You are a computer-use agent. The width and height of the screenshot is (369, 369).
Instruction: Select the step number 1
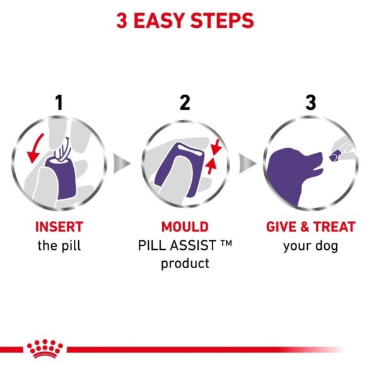pos(59,103)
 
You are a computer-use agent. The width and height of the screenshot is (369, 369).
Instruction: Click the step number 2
pos(184,103)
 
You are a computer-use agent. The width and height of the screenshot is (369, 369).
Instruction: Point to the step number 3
pos(310,103)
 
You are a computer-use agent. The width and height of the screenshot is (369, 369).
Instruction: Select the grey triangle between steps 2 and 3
pos(250,164)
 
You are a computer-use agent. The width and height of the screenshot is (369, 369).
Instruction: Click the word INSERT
pos(59,226)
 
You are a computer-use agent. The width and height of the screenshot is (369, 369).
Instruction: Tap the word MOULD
pos(184,226)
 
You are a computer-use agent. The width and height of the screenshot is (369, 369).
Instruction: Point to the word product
pos(184,263)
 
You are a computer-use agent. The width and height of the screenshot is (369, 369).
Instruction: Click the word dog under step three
pos(325,245)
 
